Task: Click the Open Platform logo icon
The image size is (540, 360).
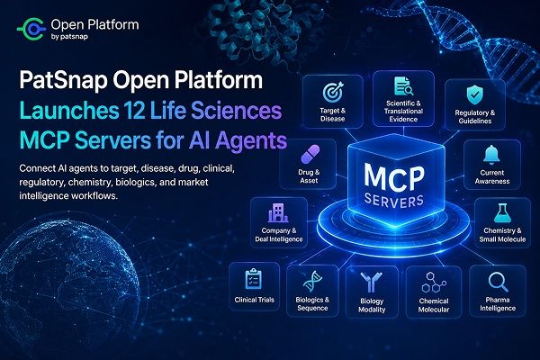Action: coord(31,30)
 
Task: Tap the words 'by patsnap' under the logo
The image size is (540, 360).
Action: coord(69,37)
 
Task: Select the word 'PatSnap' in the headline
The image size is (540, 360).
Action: coord(63,80)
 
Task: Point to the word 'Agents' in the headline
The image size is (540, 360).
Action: coord(252,140)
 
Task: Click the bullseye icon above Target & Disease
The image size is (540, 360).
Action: coord(333,92)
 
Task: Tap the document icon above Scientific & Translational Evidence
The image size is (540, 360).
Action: coord(403,86)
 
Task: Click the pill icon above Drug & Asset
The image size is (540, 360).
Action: coord(310,154)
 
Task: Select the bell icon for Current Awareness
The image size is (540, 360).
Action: coord(491,155)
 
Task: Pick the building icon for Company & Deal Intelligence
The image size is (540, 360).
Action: coord(278,212)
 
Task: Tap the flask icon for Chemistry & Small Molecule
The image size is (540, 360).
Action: coord(502,212)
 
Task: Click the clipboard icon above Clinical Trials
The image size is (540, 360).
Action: coord(254,279)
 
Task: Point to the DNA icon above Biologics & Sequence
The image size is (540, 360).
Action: coord(312,281)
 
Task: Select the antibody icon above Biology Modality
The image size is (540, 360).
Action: coord(371,282)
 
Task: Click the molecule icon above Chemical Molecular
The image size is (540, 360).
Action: coord(434,283)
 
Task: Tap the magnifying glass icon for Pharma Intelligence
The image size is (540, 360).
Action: coord(498,282)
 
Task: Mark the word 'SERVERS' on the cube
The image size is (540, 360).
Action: coord(394,201)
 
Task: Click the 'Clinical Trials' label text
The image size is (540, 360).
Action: coord(254,300)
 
